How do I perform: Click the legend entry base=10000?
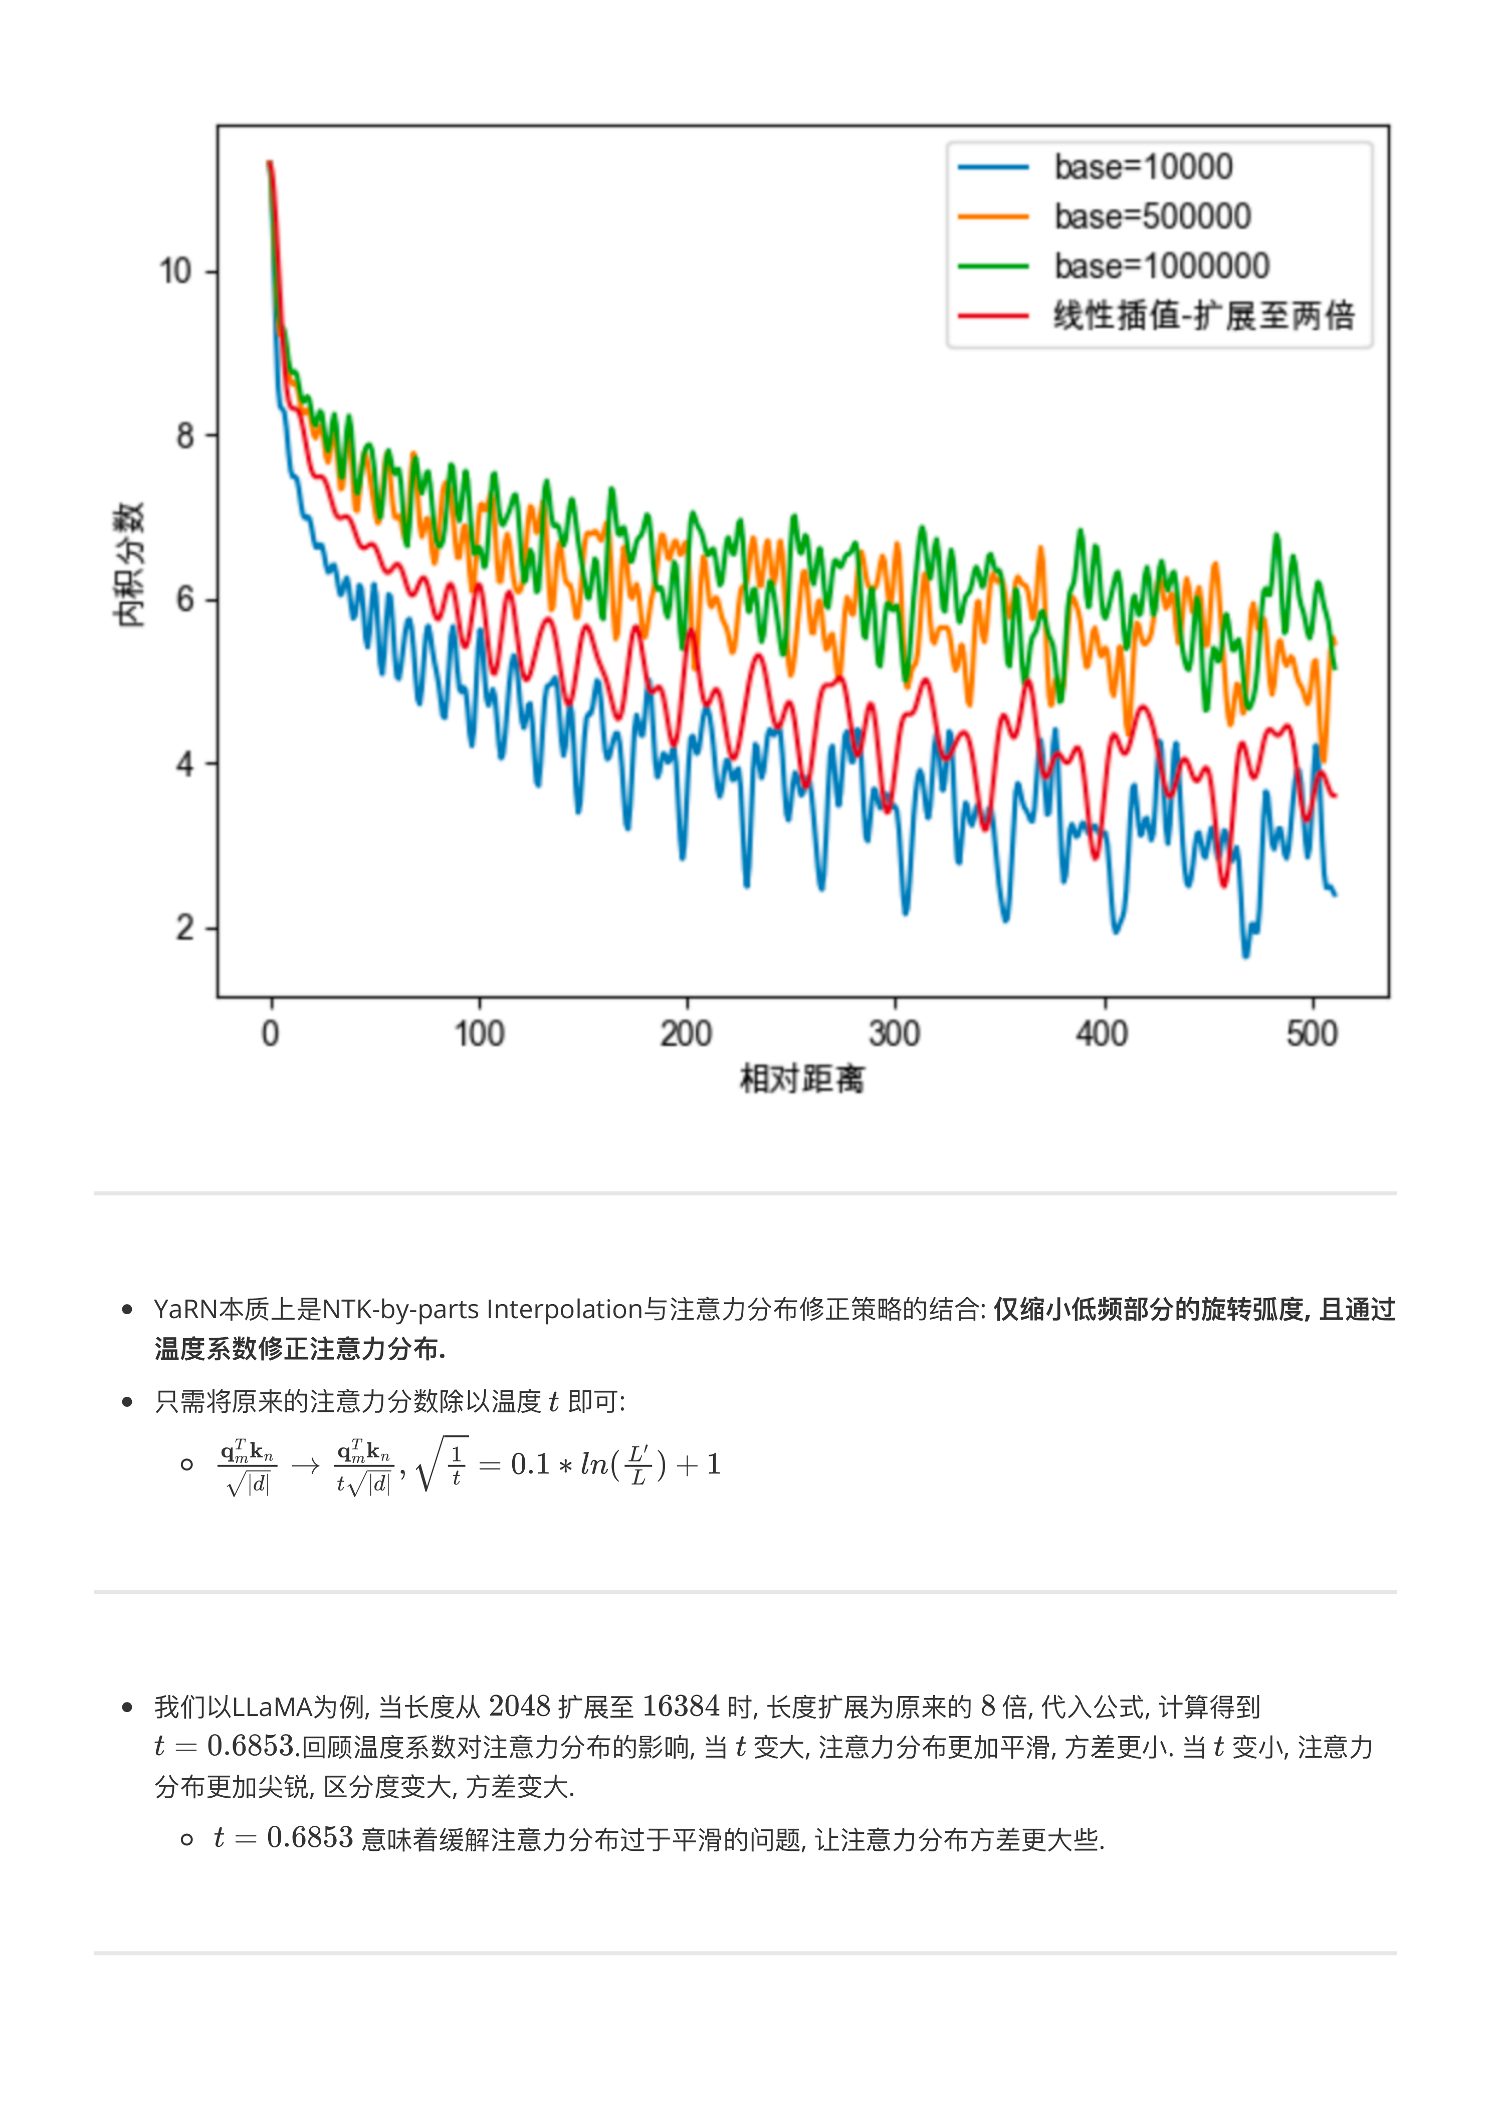tap(1143, 167)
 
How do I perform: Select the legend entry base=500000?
tap(1152, 217)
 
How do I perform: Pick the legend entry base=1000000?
tap(1161, 267)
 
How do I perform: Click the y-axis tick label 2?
tap(185, 928)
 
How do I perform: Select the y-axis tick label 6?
tap(185, 600)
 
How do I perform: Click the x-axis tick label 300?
tap(895, 1035)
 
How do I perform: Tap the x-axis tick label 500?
tap(1312, 1035)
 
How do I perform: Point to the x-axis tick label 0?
tap(270, 1035)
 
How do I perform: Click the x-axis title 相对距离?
tap(801, 1079)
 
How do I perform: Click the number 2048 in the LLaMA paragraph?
tap(518, 1707)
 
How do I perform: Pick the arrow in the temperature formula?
tap(305, 1465)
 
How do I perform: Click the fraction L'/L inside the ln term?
tap(638, 1465)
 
